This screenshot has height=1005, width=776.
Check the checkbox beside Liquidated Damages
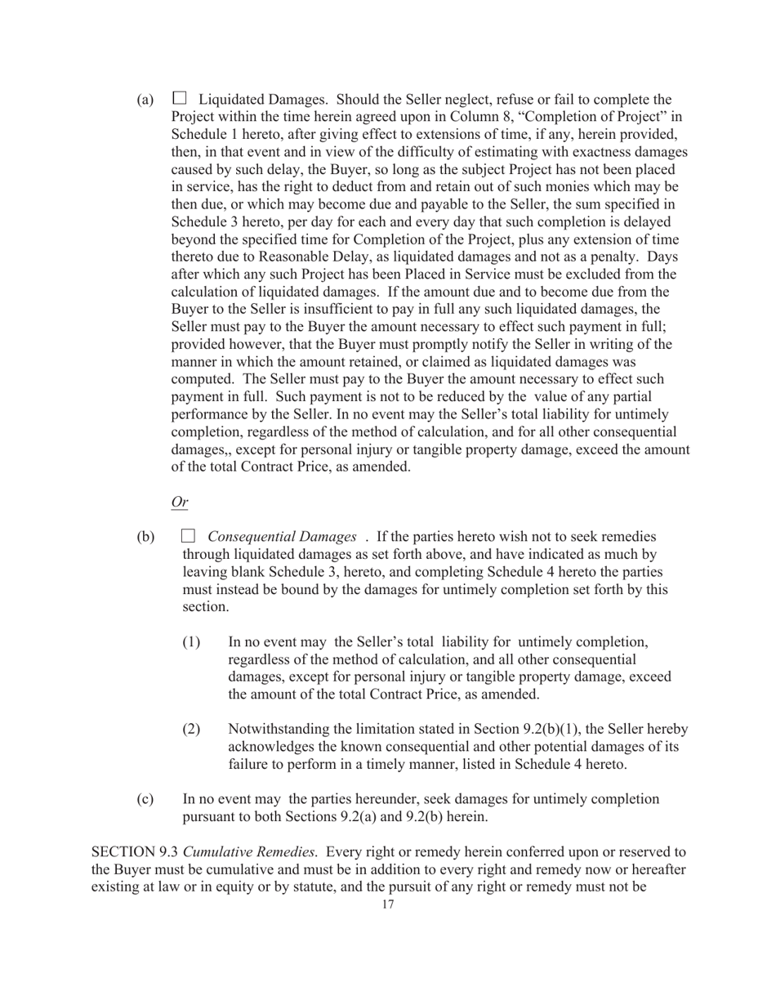coord(179,98)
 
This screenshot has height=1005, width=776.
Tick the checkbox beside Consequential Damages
coord(188,536)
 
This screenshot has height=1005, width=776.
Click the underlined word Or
coord(179,502)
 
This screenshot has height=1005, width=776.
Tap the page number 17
coord(388,904)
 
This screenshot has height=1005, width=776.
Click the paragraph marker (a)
coord(145,100)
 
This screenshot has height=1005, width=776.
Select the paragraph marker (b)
coord(145,538)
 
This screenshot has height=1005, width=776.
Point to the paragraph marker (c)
coord(145,799)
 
